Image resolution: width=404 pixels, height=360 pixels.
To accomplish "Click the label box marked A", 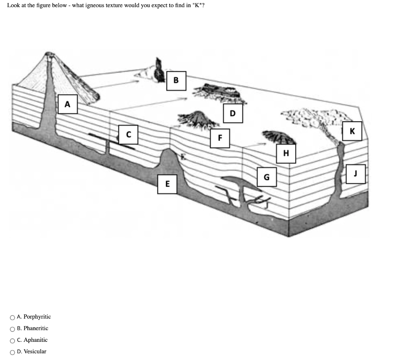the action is (67, 104).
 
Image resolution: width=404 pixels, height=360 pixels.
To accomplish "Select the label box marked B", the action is (176, 81).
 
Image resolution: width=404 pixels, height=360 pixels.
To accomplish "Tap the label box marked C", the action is (128, 135).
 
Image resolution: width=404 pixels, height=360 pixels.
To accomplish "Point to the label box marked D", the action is (233, 113).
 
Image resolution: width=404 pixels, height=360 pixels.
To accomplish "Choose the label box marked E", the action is (167, 184).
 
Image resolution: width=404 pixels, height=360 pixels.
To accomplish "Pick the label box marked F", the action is (220, 138).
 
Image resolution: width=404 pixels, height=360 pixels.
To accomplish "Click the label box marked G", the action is (267, 177).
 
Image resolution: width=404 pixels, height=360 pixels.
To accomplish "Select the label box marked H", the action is (286, 154).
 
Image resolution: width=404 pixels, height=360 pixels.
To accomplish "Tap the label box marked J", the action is (355, 174).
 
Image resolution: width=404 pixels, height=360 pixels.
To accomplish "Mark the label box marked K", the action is (352, 131).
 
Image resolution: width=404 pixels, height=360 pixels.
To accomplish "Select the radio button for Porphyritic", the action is (12, 317).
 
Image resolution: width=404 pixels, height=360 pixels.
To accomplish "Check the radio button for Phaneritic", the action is (12, 329).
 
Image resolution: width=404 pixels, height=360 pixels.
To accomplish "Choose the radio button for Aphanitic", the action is (12, 341).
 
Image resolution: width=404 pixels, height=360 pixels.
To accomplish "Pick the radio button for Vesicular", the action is (12, 352).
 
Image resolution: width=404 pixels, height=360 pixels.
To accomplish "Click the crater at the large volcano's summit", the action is (49, 54).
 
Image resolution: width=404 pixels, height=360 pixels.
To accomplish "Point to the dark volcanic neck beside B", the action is (159, 70).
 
